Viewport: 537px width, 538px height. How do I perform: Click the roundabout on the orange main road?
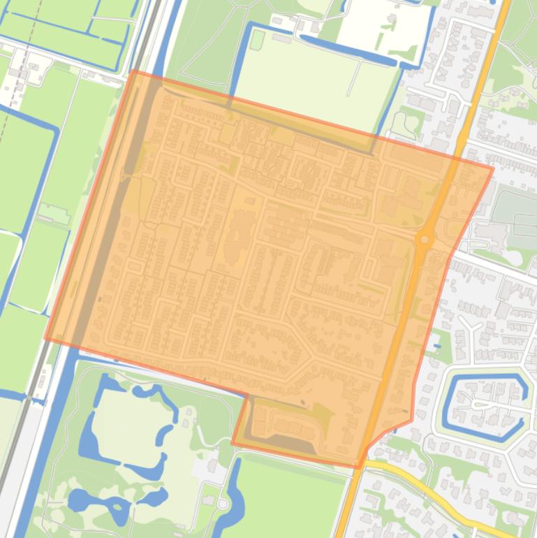pos(424,240)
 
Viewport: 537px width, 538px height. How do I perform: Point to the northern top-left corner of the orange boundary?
pos(132,71)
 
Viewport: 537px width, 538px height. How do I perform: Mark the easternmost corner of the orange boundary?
pos(493,168)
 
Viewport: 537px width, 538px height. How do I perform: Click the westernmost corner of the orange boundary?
pos(46,340)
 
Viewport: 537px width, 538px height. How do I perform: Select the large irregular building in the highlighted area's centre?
pos(241,231)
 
